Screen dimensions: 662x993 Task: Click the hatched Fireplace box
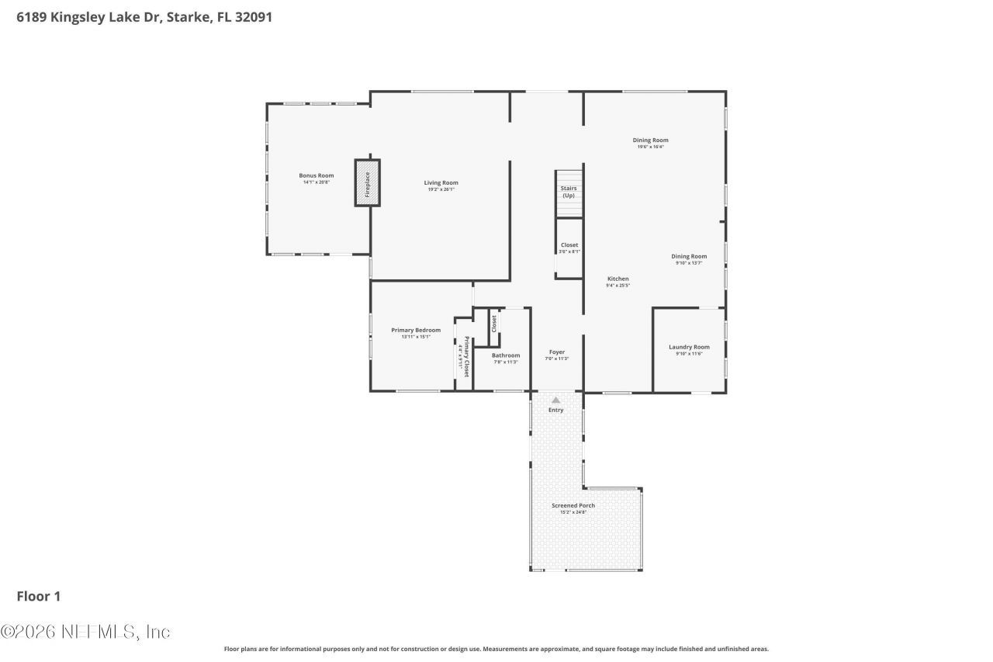click(x=368, y=182)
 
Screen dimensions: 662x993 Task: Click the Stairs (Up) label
click(x=569, y=192)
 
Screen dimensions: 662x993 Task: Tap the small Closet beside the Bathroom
click(x=494, y=326)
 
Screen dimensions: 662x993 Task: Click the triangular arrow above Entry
click(x=555, y=400)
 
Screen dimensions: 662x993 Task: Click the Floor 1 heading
click(x=39, y=596)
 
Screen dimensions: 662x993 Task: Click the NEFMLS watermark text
click(x=85, y=632)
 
